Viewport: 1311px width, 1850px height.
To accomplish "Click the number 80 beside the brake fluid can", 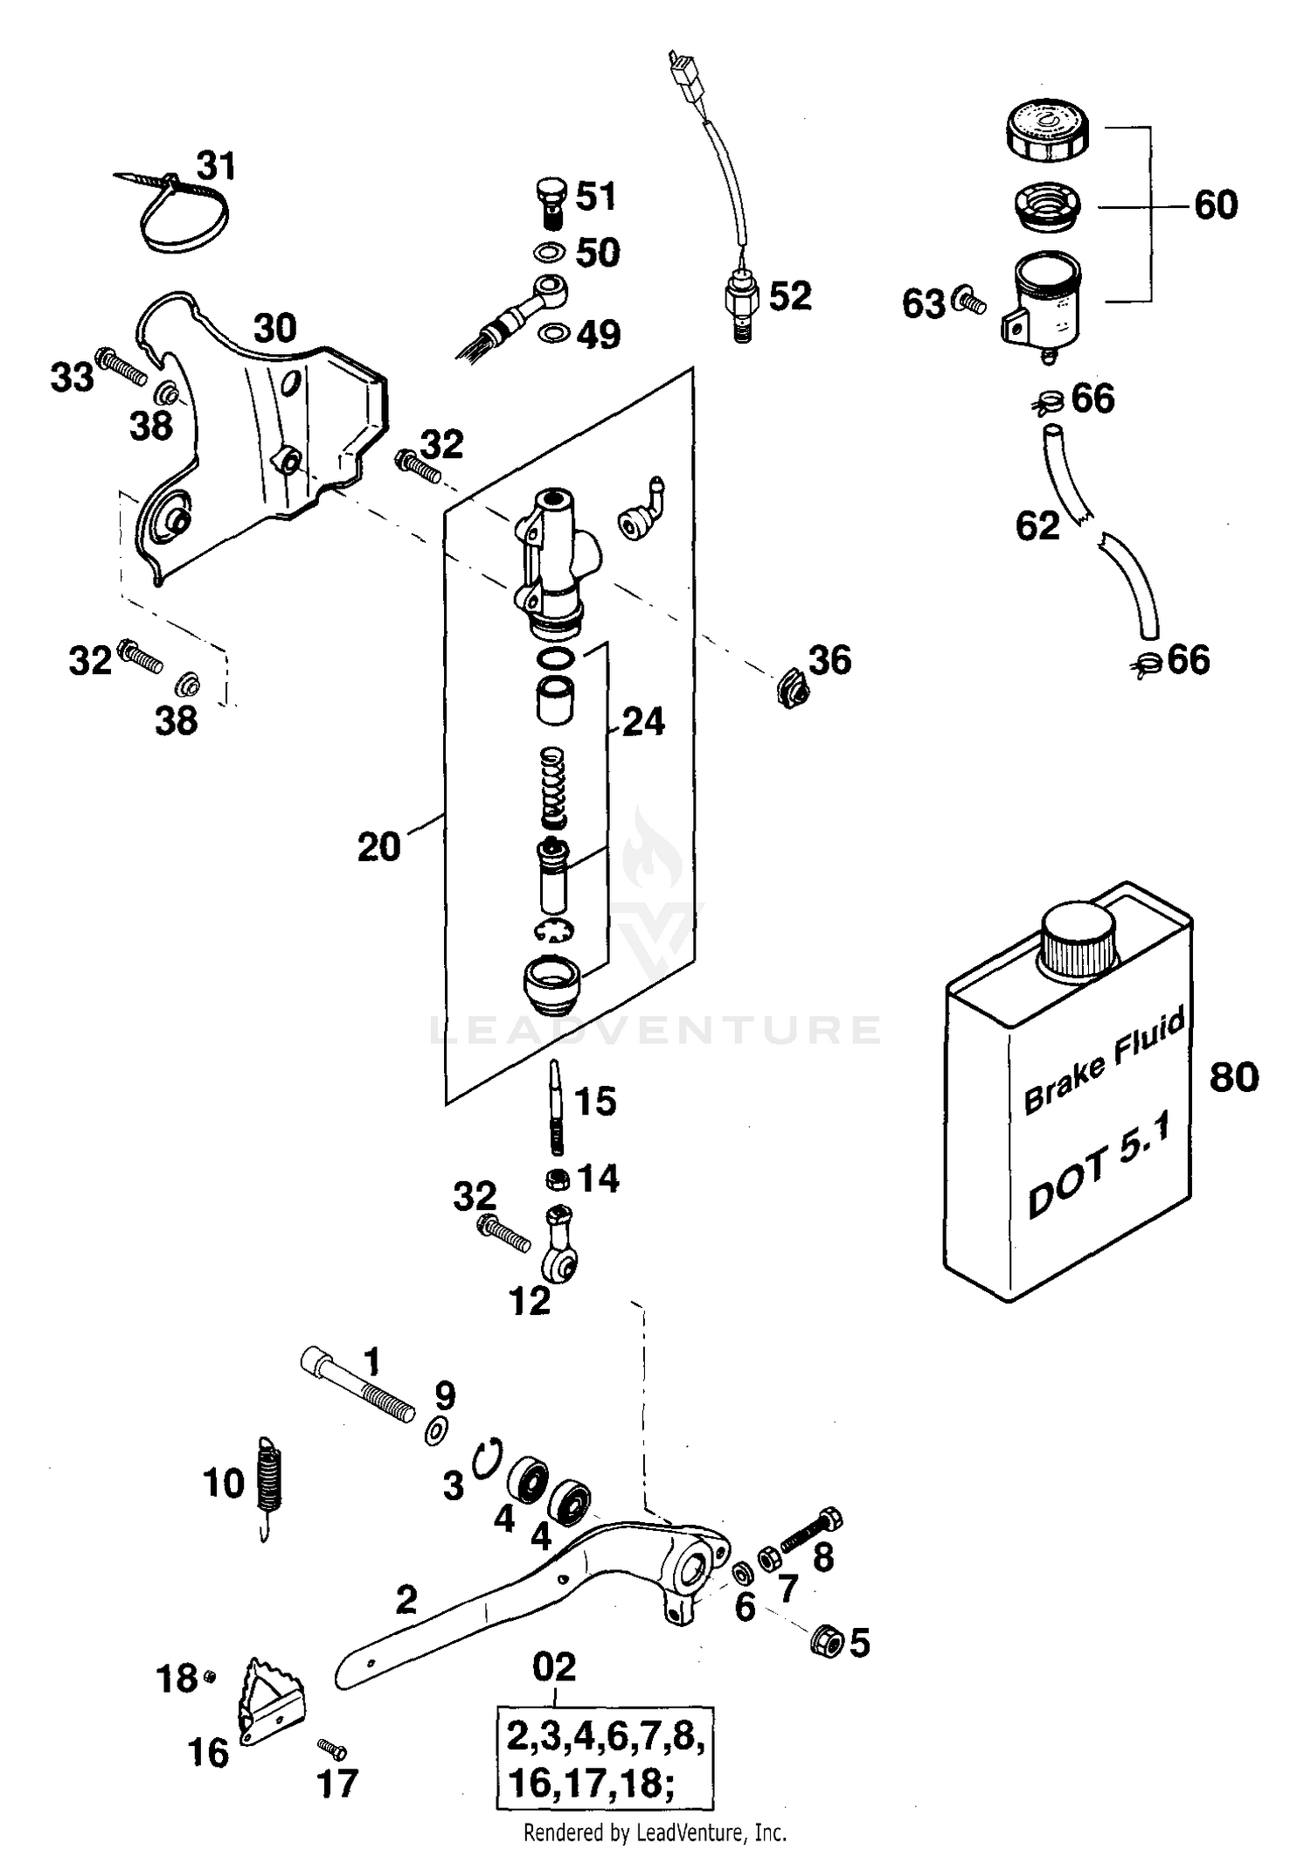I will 1234,1076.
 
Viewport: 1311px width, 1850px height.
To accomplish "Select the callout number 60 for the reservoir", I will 1216,205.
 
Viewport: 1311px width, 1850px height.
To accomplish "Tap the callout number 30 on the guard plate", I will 275,330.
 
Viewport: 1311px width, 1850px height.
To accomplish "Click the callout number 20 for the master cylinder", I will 378,846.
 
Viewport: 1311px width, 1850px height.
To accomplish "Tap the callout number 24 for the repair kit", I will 643,722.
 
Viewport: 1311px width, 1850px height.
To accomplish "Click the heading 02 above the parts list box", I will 555,1667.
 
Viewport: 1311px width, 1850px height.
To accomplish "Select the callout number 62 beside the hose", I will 1037,525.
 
